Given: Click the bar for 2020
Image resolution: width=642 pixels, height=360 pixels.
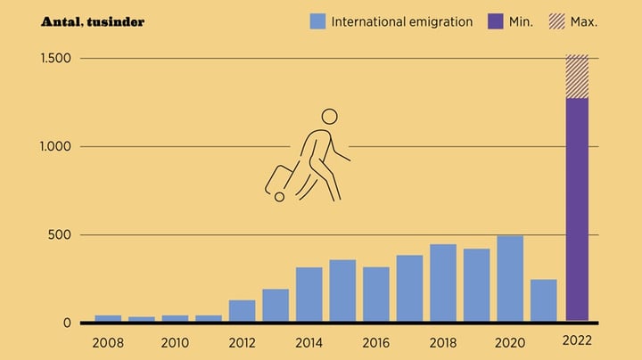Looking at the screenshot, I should [510, 278].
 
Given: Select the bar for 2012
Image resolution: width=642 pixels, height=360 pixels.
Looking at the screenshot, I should [242, 310].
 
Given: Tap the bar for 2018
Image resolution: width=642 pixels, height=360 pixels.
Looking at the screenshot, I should [443, 282].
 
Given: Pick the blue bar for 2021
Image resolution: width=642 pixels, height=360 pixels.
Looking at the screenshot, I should [544, 300].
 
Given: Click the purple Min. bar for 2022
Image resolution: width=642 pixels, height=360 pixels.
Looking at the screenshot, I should [577, 209].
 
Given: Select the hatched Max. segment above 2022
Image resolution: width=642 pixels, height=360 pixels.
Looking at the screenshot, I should [577, 77].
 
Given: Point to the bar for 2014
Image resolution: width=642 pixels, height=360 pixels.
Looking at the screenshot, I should [309, 294].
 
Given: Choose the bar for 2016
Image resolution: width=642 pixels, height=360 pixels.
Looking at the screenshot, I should [376, 294].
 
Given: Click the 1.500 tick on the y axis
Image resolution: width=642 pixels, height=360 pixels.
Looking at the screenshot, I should [56, 59].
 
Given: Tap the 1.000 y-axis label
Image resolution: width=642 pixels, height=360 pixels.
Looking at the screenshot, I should [56, 147].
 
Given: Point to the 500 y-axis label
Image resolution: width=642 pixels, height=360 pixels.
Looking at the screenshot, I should [61, 235].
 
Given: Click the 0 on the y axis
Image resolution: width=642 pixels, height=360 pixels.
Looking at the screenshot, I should [67, 323].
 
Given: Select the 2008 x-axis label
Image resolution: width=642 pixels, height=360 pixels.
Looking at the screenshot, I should [107, 341].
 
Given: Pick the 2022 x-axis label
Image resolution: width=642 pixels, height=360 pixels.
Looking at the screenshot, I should [577, 341].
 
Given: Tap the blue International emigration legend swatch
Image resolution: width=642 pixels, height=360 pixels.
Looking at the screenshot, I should [317, 21].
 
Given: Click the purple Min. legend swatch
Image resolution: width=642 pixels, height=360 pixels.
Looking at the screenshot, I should [495, 21].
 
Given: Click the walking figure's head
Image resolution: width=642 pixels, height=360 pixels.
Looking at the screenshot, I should [330, 117].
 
